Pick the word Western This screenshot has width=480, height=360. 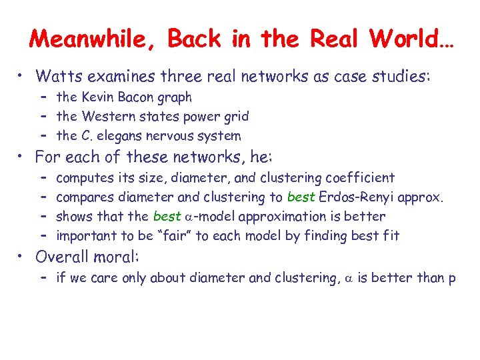pos(107,117)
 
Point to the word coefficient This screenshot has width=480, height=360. pos(360,178)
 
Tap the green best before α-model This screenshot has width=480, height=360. pos(167,217)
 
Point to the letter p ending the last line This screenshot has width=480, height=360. pos(452,279)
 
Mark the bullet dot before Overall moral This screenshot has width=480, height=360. pos(22,257)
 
